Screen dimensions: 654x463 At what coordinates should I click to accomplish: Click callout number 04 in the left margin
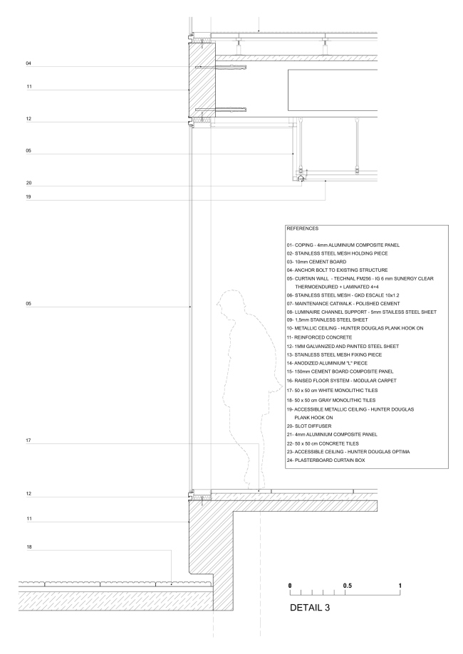point(28,63)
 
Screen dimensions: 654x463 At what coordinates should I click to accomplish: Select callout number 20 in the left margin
point(28,183)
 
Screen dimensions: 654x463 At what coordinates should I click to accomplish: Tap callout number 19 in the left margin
point(28,196)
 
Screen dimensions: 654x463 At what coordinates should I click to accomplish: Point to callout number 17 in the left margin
point(28,442)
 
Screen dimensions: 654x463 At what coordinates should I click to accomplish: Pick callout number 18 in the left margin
point(28,547)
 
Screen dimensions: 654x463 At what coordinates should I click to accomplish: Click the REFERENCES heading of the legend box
point(301,230)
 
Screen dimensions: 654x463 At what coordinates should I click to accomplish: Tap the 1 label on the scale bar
point(400,585)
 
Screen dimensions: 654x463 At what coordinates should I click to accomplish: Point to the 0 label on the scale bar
point(290,585)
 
